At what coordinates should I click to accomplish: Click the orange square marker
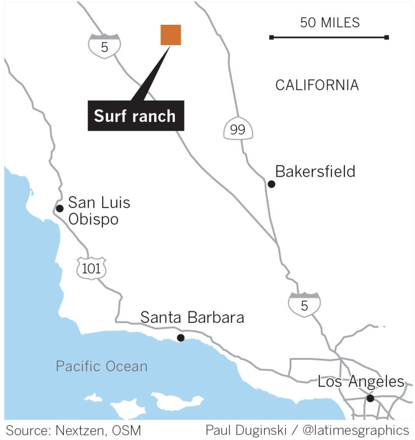[170, 35]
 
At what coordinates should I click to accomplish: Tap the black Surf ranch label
[135, 116]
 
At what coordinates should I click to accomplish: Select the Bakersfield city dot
[271, 184]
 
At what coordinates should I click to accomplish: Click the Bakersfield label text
[315, 172]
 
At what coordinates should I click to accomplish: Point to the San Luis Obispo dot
[60, 208]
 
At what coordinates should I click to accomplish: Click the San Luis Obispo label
[99, 210]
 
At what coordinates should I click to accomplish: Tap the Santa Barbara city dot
[181, 338]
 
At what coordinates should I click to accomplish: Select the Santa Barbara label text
[192, 317]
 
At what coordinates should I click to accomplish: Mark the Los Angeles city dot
[370, 398]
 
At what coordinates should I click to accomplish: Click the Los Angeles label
[361, 382]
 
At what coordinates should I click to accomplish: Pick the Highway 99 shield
[238, 129]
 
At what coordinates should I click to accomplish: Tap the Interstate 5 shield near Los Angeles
[304, 304]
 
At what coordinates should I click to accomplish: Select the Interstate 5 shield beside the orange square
[104, 46]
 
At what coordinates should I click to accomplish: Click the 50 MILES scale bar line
[329, 37]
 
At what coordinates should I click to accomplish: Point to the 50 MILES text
[330, 23]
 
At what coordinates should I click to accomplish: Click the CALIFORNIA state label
[317, 85]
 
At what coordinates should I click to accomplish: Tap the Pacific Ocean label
[101, 366]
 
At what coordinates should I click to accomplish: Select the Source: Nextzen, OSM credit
[73, 429]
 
